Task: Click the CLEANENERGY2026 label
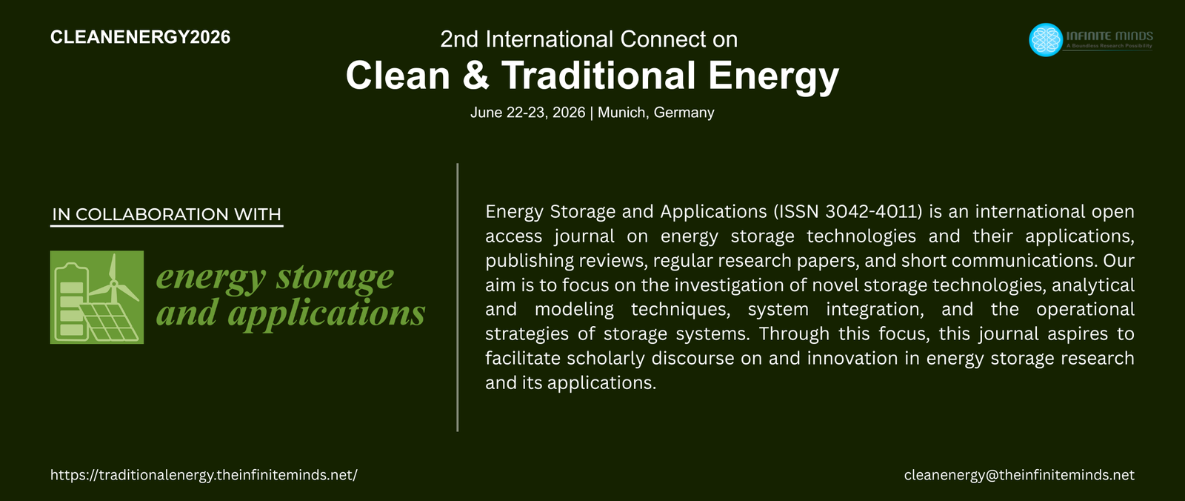140,37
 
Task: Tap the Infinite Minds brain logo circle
1045,40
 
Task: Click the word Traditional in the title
598,75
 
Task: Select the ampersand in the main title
475,75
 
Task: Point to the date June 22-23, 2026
528,113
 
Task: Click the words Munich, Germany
656,113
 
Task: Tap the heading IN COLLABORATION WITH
167,214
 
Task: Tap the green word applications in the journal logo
327,313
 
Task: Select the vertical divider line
457,297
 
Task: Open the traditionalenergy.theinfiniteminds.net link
204,475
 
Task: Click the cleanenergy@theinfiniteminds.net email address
1019,475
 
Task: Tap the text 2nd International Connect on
589,40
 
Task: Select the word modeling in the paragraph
575,309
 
